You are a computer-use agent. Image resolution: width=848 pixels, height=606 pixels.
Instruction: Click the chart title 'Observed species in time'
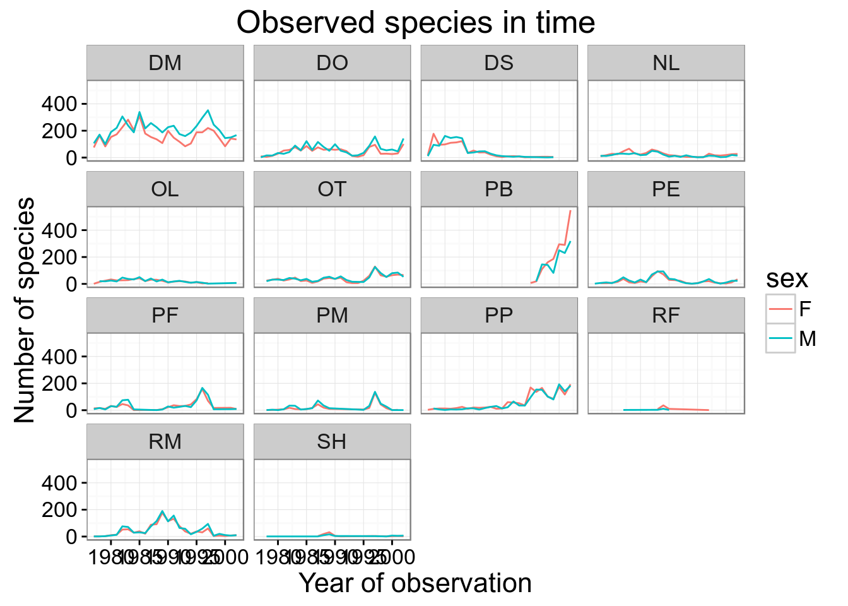point(416,23)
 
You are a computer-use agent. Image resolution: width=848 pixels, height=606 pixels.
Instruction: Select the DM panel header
point(165,63)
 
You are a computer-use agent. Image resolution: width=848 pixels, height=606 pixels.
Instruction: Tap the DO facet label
point(332,63)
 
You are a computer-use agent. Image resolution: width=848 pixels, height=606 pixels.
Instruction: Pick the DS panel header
point(499,63)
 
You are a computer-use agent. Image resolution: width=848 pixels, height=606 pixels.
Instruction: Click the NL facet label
point(666,63)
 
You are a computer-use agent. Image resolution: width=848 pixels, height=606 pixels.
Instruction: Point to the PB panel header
point(499,189)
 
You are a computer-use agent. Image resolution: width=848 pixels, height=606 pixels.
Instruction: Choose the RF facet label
point(666,315)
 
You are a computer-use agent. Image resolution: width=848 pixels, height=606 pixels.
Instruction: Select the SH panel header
point(332,441)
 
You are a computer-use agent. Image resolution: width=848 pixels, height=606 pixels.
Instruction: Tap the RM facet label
point(165,441)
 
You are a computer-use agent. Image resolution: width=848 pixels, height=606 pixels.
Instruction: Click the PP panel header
point(499,315)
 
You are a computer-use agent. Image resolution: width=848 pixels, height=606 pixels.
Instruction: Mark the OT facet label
point(332,189)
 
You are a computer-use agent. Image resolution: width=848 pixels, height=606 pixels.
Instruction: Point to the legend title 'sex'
point(787,278)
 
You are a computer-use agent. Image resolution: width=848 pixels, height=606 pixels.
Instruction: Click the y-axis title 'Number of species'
point(25,309)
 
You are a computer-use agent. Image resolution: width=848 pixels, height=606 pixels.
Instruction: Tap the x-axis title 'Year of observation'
point(415,583)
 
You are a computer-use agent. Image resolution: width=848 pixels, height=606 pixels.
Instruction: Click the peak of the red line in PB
point(570,211)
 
